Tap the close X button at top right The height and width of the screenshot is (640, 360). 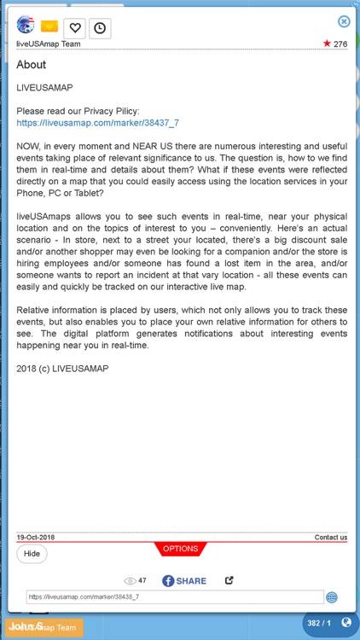pos(344,21)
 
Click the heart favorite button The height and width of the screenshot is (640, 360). pos(74,28)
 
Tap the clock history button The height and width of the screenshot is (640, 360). pos(100,28)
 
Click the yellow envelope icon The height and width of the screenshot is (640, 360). pos(49,27)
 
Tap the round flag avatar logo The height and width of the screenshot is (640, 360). pos(26,25)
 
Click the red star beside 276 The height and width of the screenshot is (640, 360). pos(327,44)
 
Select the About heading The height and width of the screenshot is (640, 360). pos(32,65)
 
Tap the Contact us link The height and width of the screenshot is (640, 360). pos(330,538)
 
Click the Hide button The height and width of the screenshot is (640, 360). pos(32,553)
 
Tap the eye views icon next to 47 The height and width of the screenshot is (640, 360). pos(131,580)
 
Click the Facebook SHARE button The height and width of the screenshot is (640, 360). pos(184,580)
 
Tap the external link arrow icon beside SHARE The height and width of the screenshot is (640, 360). pos(229,580)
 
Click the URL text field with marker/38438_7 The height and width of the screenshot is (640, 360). pos(174,597)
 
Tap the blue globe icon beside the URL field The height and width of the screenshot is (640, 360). pos(332,597)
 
